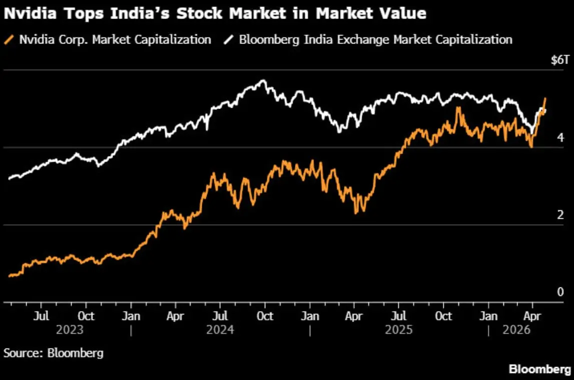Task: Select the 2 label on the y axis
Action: [560, 215]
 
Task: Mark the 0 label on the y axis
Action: [560, 292]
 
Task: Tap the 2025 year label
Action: [399, 330]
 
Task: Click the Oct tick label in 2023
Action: [86, 316]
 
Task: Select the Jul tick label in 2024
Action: [220, 316]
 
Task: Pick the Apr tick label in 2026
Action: [532, 316]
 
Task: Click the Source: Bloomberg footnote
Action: [54, 353]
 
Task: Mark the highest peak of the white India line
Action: [263, 81]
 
